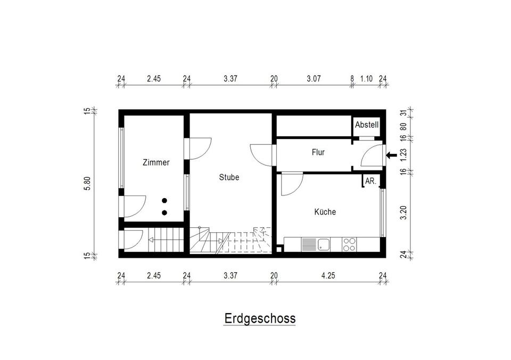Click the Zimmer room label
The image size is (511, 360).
click(x=156, y=162)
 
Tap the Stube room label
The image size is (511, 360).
click(x=229, y=177)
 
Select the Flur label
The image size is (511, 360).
click(x=318, y=152)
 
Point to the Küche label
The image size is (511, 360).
click(x=325, y=212)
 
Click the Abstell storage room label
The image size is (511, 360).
click(x=367, y=125)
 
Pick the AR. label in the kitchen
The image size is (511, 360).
click(x=370, y=181)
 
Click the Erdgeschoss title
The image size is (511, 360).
click(x=260, y=318)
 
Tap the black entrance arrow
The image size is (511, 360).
click(x=392, y=155)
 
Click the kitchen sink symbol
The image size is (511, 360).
click(x=324, y=244)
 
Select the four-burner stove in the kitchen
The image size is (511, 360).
click(x=349, y=244)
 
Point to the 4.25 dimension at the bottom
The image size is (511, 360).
click(x=328, y=275)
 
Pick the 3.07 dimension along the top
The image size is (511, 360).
click(x=314, y=79)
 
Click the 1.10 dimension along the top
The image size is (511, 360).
click(x=366, y=79)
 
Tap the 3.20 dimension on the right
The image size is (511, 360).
click(x=403, y=213)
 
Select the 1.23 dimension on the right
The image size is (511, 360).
click(x=403, y=155)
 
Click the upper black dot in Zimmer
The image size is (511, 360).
click(x=164, y=201)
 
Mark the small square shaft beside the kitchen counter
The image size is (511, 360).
click(x=278, y=249)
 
